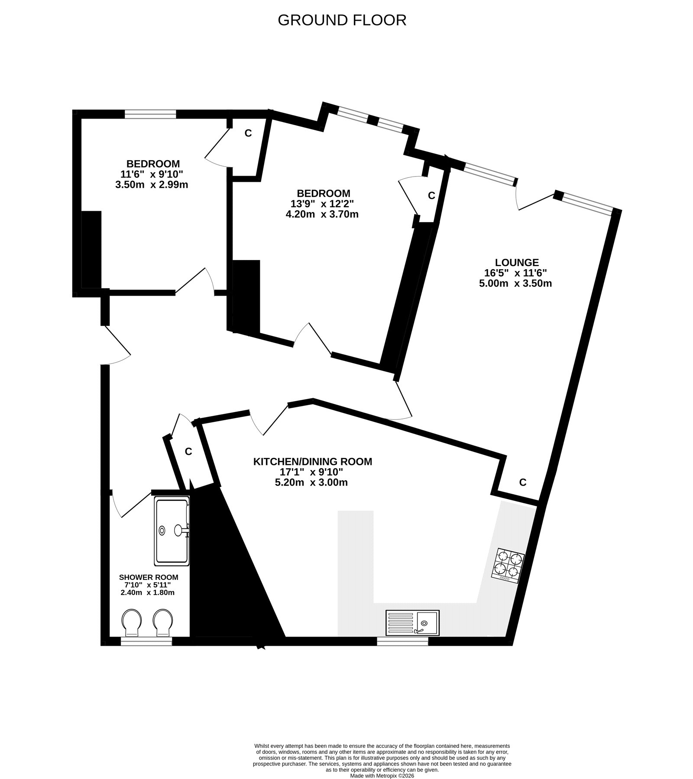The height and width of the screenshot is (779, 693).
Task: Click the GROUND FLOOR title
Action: (x=342, y=20)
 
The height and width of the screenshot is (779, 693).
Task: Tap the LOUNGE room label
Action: (x=517, y=262)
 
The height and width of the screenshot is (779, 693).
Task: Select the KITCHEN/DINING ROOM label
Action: (x=312, y=462)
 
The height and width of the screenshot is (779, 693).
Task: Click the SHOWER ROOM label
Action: (x=148, y=577)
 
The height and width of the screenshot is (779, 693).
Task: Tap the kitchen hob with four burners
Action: (x=508, y=566)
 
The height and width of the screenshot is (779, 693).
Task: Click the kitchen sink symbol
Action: (x=412, y=623)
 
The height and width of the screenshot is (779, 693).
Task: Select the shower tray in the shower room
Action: (x=172, y=532)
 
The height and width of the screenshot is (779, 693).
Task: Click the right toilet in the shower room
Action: (x=162, y=623)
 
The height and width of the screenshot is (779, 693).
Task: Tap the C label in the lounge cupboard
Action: (x=523, y=482)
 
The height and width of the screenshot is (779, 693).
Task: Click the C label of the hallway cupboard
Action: (x=188, y=452)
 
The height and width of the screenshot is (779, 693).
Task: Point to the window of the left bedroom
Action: (x=151, y=114)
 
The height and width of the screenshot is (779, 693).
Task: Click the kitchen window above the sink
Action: (x=402, y=641)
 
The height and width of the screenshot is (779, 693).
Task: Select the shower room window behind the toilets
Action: (x=146, y=641)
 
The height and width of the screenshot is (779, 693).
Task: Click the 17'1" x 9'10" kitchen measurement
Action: (x=311, y=472)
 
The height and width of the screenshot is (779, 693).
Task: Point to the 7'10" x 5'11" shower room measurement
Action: (x=148, y=585)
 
